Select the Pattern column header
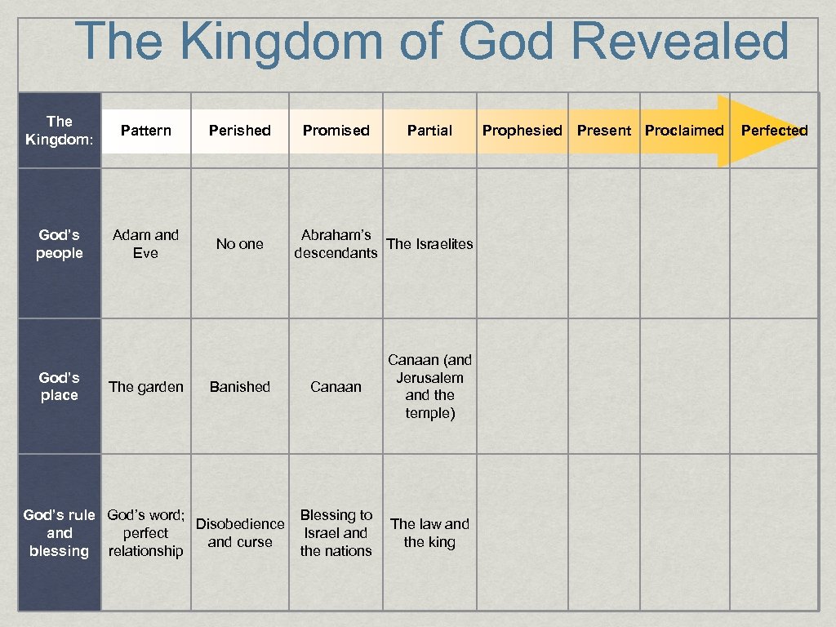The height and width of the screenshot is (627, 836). point(146,131)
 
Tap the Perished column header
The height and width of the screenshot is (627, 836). point(240,131)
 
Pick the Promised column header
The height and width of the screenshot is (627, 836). point(336,131)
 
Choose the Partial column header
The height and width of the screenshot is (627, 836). point(429,131)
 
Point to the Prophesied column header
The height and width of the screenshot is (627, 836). point(522,131)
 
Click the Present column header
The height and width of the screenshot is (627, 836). point(604,131)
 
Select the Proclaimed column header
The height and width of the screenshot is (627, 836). point(684,131)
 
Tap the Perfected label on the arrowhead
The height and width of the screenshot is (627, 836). point(774,131)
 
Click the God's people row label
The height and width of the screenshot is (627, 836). point(60,244)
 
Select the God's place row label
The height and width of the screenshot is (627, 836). point(60,386)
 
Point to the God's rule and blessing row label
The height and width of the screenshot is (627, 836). point(60,533)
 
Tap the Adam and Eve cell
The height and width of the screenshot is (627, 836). point(145,244)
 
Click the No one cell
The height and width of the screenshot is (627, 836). point(240,244)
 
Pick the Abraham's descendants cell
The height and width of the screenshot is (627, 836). point(336,244)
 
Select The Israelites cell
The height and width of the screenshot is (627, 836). point(429,244)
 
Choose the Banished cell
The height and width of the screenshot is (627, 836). point(240,387)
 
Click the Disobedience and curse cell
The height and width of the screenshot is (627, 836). point(240,533)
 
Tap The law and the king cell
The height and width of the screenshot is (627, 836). point(429,533)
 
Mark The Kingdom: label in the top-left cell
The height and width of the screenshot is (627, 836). point(60,131)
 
